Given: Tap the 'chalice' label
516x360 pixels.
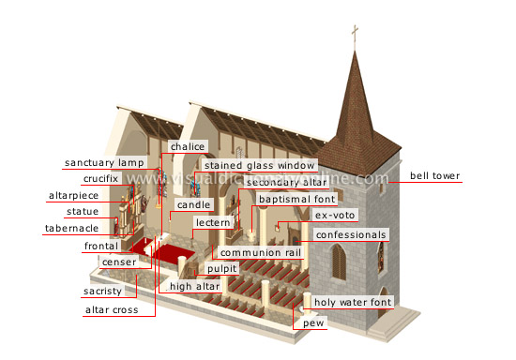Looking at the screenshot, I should click(186, 147).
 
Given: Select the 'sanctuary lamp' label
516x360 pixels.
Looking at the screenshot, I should click(104, 163).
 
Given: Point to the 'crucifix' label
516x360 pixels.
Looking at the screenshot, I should click(100, 178).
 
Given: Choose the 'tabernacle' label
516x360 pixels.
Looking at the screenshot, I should click(70, 228).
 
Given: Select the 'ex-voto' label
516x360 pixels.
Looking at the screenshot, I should click(335, 216).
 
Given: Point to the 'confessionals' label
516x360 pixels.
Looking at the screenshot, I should click(350, 234).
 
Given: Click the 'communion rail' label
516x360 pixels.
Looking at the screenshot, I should click(255, 251).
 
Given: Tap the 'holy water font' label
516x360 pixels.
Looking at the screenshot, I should click(352, 302).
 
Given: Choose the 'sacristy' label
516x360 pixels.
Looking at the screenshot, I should click(103, 292).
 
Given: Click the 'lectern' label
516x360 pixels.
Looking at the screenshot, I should click(212, 223).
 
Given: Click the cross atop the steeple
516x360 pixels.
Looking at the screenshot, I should click(354, 36).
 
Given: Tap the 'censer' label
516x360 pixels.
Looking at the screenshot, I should click(119, 262).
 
